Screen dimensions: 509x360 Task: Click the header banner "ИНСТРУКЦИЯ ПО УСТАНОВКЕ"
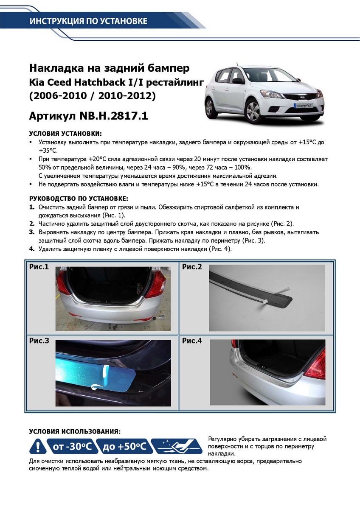click(88, 21)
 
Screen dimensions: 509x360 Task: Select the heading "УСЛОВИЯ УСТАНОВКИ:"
click(65, 133)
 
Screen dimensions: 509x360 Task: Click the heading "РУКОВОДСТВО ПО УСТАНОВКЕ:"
click(79, 199)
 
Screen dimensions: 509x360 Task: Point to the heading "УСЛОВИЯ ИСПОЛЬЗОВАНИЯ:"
click(75, 431)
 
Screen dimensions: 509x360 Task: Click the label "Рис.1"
click(39, 267)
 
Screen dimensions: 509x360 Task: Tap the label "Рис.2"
click(192, 267)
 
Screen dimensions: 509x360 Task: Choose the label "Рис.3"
click(39, 341)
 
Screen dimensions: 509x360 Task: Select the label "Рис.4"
click(192, 341)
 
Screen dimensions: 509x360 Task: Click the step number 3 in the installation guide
click(31, 232)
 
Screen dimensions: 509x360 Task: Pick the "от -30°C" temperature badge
click(72, 447)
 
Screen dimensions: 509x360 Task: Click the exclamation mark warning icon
click(38, 447)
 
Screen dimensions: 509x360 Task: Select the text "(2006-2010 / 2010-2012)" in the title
click(92, 96)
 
